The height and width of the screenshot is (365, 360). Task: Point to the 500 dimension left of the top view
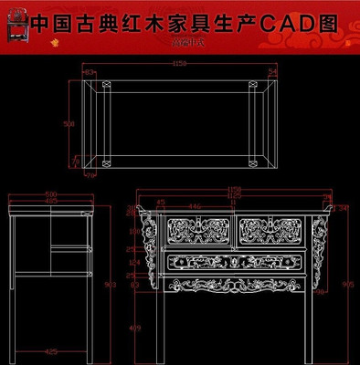(67, 123)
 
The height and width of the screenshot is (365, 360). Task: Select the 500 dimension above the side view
(50, 194)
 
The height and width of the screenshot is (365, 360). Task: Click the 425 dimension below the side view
(52, 350)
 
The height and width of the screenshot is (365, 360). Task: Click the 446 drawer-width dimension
(196, 207)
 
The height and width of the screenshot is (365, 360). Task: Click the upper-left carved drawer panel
(197, 230)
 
